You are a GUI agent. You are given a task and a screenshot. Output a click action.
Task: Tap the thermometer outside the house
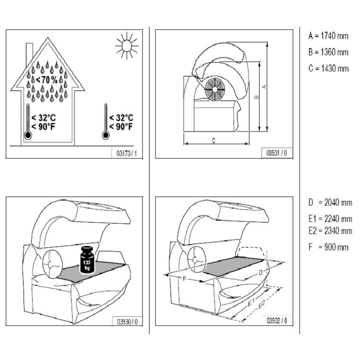tap(105, 121)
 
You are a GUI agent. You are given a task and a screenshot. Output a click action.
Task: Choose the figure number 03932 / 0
tap(276, 321)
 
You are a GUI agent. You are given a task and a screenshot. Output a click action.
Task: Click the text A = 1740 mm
tap(328, 36)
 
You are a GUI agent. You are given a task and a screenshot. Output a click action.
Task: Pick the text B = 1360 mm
tap(328, 52)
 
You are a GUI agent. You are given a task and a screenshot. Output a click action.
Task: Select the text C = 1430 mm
tap(328, 68)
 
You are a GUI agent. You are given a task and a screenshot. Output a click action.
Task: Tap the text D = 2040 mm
tap(330, 203)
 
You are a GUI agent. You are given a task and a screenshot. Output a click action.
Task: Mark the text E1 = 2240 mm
tap(330, 219)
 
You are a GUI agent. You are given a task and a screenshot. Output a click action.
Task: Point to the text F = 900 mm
tap(328, 246)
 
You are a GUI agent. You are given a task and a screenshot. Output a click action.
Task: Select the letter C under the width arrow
tap(213, 141)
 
